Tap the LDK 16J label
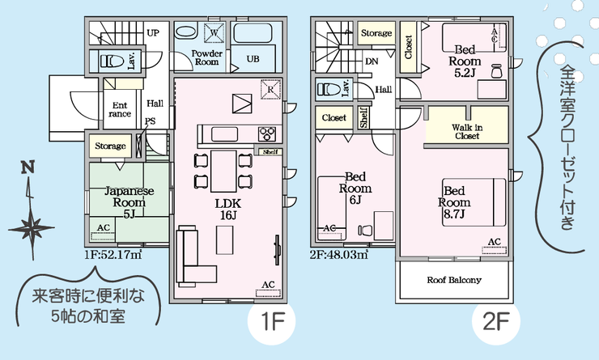click(x=227, y=210)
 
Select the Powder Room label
click(x=206, y=57)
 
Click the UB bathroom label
click(x=253, y=59)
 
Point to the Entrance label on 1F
click(x=120, y=109)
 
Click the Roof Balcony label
click(x=454, y=281)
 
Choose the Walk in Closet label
click(x=465, y=132)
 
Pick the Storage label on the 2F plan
click(x=376, y=33)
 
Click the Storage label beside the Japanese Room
click(x=111, y=146)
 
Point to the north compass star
click(x=32, y=225)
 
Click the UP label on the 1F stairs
click(x=151, y=33)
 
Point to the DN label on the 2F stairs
click(x=371, y=61)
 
